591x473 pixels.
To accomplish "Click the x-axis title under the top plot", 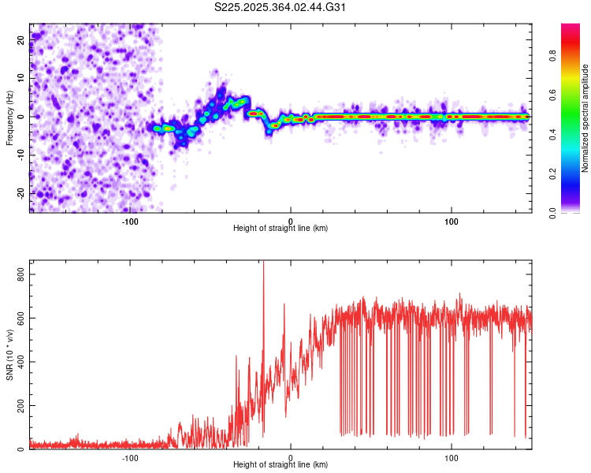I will pos(281,228).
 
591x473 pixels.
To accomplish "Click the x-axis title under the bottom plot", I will pos(281,465).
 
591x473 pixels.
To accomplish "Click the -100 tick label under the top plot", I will pos(130,220).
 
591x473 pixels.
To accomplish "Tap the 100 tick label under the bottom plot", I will pos(452,457).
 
